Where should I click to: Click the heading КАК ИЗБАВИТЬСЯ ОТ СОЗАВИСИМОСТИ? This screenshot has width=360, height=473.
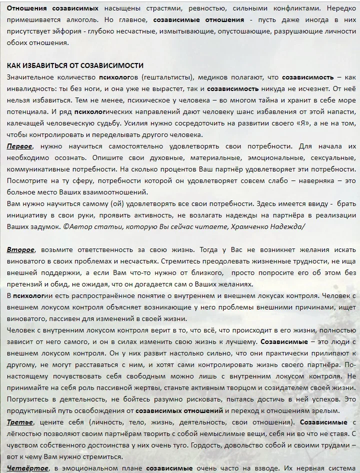coord(75,65)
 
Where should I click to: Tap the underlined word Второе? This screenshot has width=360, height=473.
coord(20,249)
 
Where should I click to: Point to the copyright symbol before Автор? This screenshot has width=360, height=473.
coord(66,226)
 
